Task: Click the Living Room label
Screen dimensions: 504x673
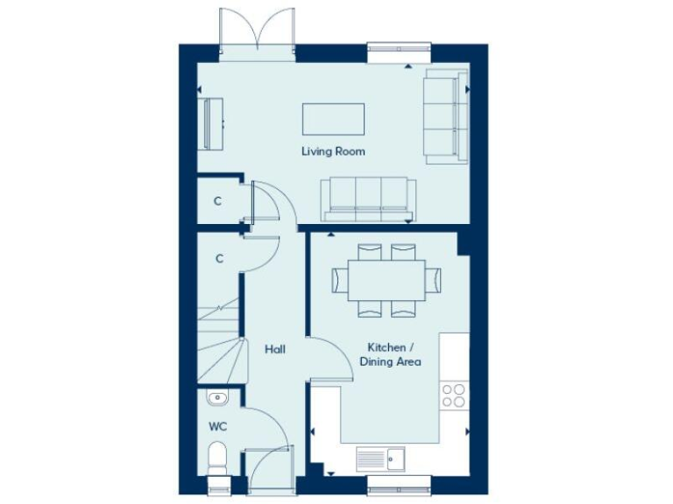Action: [333, 151]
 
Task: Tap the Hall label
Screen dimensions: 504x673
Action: [275, 349]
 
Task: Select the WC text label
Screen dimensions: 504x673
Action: [217, 427]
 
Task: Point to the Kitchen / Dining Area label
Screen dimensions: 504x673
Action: [395, 354]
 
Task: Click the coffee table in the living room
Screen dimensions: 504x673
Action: [333, 117]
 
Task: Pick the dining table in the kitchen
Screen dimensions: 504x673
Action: [387, 279]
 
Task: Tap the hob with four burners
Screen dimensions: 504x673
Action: [454, 395]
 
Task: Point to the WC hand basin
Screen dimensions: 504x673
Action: [218, 398]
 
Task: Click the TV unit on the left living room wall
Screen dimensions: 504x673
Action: [211, 123]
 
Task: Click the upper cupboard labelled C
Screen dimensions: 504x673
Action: [218, 201]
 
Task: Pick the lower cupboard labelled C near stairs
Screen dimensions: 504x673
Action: [218, 258]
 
